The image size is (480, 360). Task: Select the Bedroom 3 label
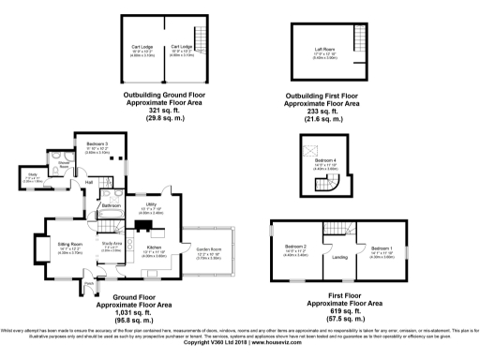click(x=93, y=143)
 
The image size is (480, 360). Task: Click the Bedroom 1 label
click(x=383, y=249)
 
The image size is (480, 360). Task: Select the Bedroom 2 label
click(x=295, y=249)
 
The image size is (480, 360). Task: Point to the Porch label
click(x=89, y=281)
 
